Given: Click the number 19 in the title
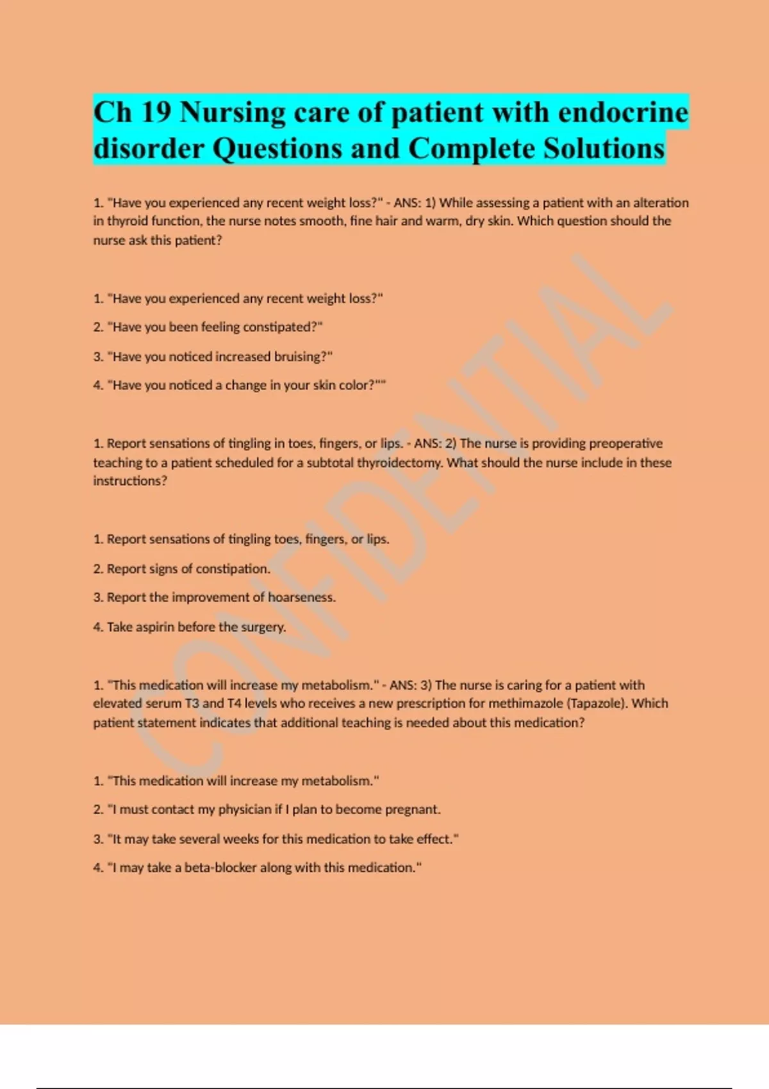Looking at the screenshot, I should click(x=156, y=113).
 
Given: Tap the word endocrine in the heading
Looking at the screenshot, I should click(x=623, y=113).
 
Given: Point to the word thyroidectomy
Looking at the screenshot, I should click(x=399, y=463).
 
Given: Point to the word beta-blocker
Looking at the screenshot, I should click(x=220, y=868).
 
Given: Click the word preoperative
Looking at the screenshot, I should click(x=625, y=443).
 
